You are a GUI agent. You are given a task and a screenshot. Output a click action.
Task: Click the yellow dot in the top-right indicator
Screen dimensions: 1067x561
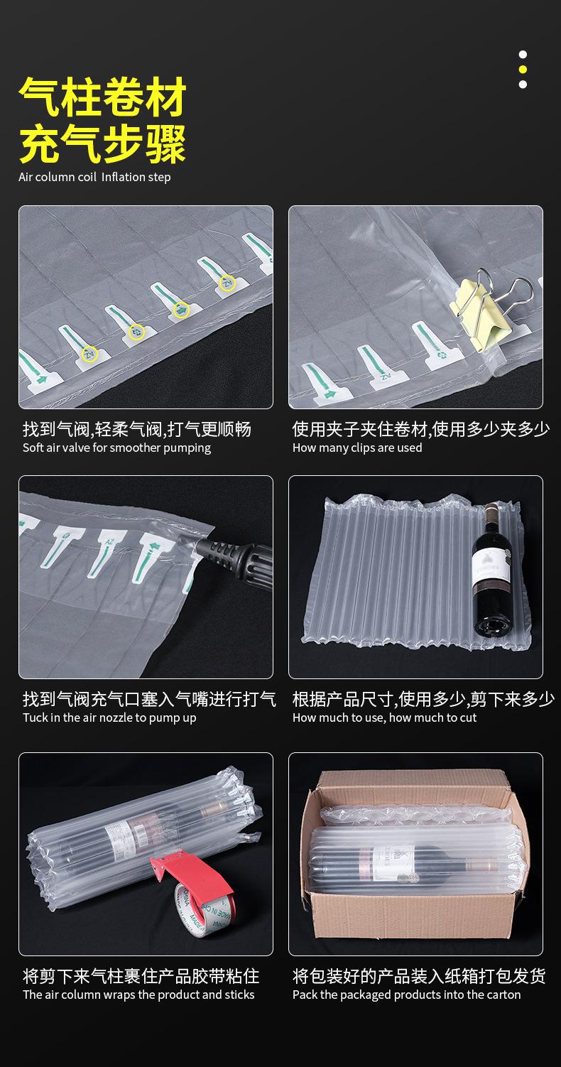pyautogui.click(x=523, y=70)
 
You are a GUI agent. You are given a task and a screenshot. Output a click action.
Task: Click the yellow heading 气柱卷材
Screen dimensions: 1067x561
pyautogui.click(x=103, y=97)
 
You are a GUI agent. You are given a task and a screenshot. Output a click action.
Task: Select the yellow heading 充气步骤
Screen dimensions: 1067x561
pyautogui.click(x=103, y=144)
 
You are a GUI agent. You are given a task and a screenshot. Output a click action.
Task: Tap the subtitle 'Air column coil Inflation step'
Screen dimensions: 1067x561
pyautogui.click(x=94, y=178)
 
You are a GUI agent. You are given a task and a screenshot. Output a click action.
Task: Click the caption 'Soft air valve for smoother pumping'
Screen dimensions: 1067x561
pyautogui.click(x=116, y=448)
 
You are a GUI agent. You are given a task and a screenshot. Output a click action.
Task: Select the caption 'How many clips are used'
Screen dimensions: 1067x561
pyautogui.click(x=357, y=448)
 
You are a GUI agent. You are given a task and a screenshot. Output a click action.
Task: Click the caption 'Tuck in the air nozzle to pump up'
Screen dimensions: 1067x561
pyautogui.click(x=109, y=718)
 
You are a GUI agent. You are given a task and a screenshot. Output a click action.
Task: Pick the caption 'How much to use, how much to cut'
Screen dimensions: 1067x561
pyautogui.click(x=384, y=718)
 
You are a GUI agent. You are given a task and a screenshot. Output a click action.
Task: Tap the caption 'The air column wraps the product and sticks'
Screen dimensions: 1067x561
pyautogui.click(x=138, y=995)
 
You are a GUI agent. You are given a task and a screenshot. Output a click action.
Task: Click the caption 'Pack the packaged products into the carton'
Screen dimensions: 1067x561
pyautogui.click(x=406, y=995)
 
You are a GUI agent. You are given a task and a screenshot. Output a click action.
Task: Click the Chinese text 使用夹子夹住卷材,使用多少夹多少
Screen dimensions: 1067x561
pyautogui.click(x=421, y=429)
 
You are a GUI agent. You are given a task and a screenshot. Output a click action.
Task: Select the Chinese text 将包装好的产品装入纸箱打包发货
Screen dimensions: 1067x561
pyautogui.click(x=419, y=976)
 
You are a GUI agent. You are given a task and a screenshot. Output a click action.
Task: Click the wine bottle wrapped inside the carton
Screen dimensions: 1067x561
pyautogui.click(x=412, y=862)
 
